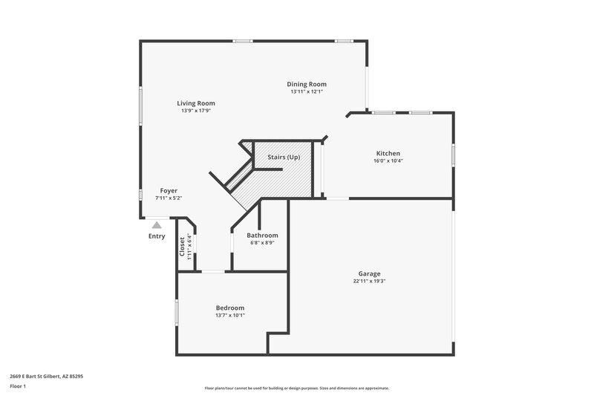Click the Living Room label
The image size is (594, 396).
pos(196,103)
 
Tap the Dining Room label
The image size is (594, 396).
pos(307,84)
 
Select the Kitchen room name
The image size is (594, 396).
pos(388,153)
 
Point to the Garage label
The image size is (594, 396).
pos(369,273)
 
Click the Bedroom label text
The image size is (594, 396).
pos(229,308)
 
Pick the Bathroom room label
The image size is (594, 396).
pos(263,235)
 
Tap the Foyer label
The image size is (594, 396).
pos(169,191)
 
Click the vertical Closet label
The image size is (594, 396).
pos(182,246)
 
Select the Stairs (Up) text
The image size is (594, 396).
pos(284,157)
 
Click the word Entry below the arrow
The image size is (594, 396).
pos(157,236)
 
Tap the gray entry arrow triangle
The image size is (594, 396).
pos(156,224)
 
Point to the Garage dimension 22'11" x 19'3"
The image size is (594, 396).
pos(369,281)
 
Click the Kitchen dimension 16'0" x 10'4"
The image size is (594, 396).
pos(388,160)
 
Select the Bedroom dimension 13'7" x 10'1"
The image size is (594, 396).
pos(229,315)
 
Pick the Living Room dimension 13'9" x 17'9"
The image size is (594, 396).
pos(196,111)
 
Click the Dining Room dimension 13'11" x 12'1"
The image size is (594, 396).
pos(307,92)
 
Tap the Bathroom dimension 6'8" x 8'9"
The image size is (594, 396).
pos(263,242)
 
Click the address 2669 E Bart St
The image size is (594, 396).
pos(46,376)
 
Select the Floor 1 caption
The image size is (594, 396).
pos(18,386)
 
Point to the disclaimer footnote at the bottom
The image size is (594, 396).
pos(297,388)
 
